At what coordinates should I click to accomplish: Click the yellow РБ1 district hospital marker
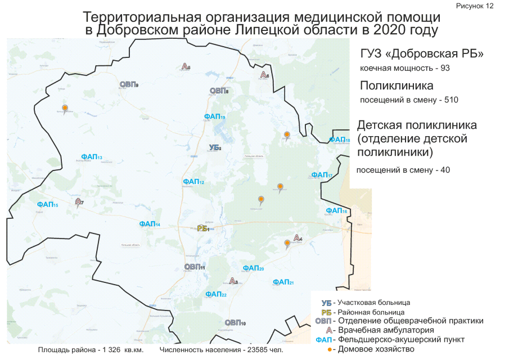click(204, 228)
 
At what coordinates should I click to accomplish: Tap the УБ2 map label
click(215, 147)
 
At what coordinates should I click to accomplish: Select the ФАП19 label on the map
click(215, 116)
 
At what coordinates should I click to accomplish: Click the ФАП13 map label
click(91, 156)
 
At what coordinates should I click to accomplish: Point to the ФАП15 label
click(47, 205)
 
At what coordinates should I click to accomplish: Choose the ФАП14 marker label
click(150, 224)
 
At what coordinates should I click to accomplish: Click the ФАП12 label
click(193, 182)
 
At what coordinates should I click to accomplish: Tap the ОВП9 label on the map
click(129, 84)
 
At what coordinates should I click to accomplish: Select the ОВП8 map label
click(219, 91)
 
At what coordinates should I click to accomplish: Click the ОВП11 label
click(195, 267)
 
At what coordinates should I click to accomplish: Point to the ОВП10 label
click(235, 323)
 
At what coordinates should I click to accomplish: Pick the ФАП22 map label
click(216, 294)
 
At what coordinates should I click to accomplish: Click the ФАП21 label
click(283, 282)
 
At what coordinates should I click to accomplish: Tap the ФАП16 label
click(336, 211)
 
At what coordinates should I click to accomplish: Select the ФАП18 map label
click(340, 140)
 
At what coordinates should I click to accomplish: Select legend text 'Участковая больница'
click(374, 303)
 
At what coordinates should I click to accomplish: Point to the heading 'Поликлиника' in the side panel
click(397, 86)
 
